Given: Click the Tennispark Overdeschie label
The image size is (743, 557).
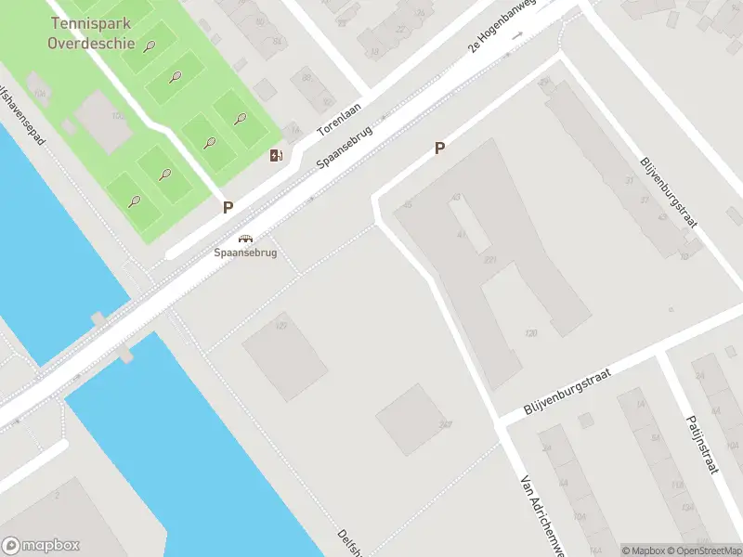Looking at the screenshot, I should [x=92, y=32].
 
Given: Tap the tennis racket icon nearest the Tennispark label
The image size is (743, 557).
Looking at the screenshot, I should [x=149, y=45].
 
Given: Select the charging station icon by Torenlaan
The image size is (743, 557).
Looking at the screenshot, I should [x=276, y=155].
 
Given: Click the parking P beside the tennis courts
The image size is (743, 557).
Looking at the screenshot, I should [x=228, y=208].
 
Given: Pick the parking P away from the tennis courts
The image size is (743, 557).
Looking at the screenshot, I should [x=440, y=148].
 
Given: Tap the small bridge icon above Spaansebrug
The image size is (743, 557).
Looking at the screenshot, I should [x=246, y=238].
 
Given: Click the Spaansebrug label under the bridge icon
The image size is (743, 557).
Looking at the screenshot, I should [x=246, y=252].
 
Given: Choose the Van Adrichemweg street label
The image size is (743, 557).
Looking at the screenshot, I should [x=542, y=515].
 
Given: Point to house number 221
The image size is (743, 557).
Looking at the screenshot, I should [x=489, y=260].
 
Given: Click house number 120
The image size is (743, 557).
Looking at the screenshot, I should [x=531, y=332].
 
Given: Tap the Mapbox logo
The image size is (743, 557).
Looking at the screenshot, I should [x=41, y=546].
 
